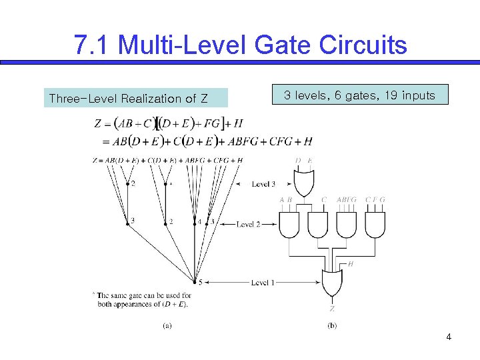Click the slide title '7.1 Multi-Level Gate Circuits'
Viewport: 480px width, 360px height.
click(x=240, y=45)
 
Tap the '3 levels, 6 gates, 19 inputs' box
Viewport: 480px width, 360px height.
click(x=359, y=95)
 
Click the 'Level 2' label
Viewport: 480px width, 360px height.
click(x=249, y=224)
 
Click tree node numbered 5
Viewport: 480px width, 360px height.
click(x=195, y=282)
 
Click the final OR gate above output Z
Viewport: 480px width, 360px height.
click(x=331, y=283)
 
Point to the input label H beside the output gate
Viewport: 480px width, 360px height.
click(x=351, y=265)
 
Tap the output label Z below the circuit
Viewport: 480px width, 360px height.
click(x=331, y=309)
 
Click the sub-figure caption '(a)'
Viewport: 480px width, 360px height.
click(x=168, y=325)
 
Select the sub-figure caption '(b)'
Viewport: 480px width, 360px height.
click(x=332, y=325)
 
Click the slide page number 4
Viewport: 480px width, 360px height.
click(x=449, y=337)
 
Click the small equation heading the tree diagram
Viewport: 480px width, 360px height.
click(x=167, y=160)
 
